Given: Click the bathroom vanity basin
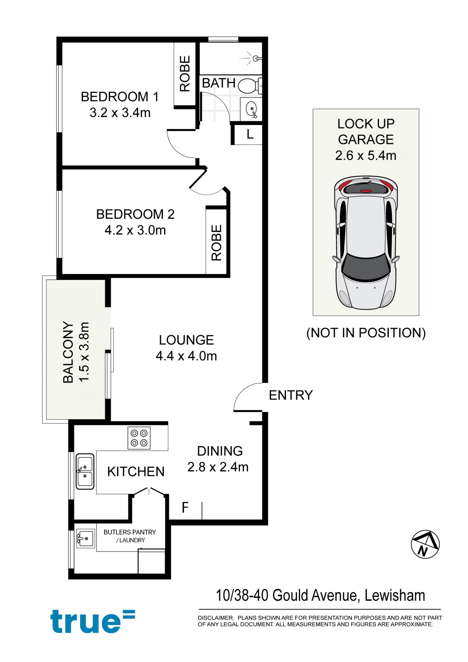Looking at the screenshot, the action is click(252, 109).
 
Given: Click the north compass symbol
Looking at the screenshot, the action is click(425, 544).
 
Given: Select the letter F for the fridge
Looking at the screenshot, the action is click(185, 507).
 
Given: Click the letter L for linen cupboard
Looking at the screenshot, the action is click(250, 134).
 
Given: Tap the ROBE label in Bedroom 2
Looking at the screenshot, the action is click(216, 242).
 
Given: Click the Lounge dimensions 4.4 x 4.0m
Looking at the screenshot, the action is click(186, 356).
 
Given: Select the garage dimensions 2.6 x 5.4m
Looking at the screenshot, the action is click(366, 155).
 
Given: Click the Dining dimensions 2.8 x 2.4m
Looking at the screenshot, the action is click(218, 467).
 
